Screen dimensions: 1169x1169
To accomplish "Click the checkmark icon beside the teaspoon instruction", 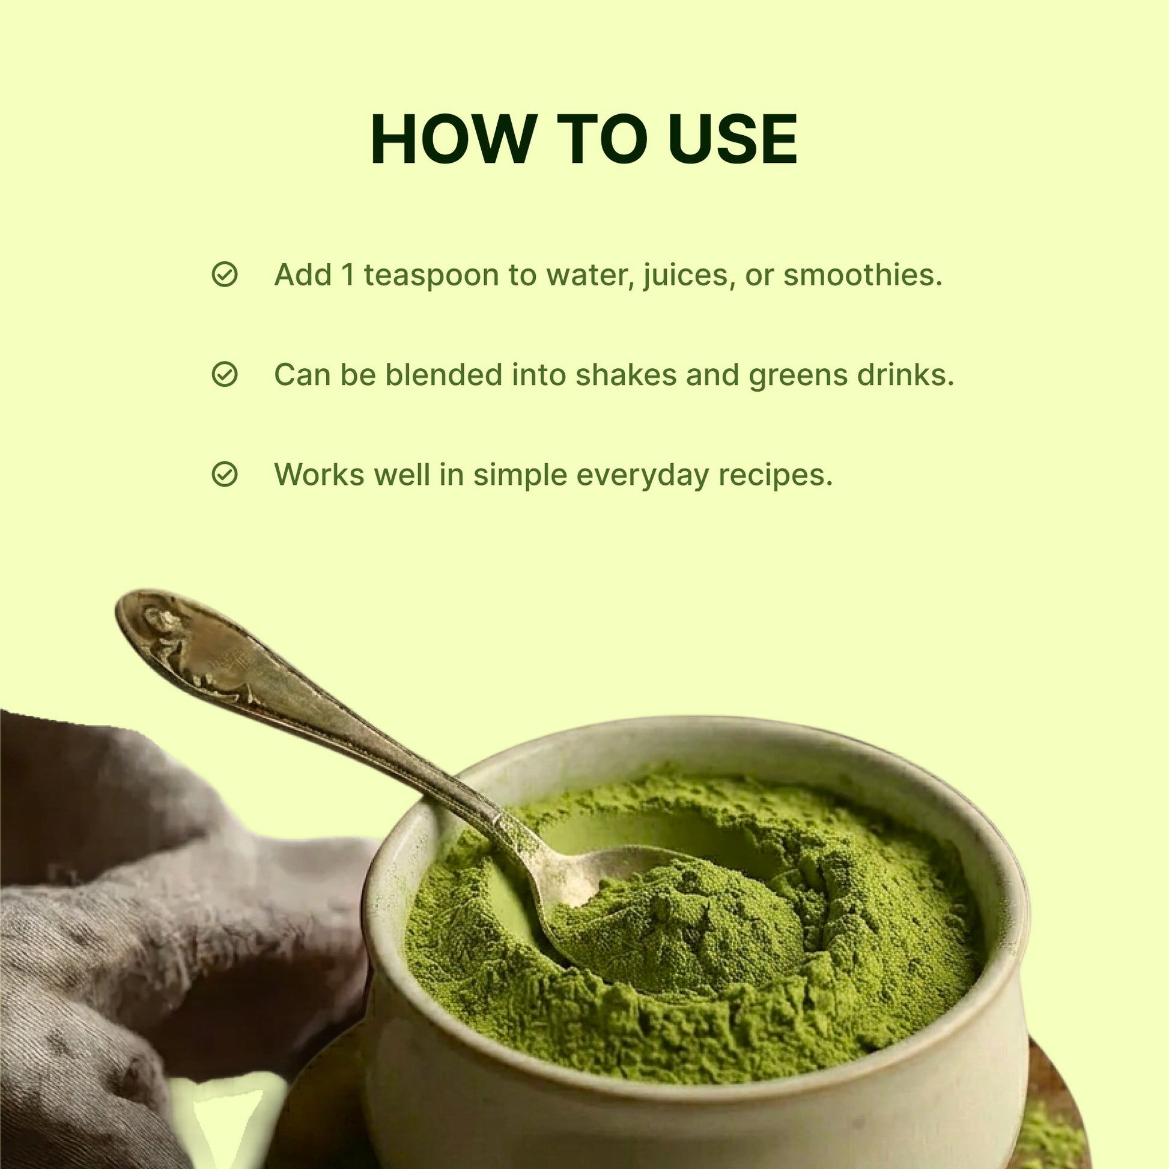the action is (x=225, y=275).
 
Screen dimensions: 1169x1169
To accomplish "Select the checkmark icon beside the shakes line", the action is (x=225, y=374).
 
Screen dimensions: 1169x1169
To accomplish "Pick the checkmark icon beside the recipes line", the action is (x=225, y=475).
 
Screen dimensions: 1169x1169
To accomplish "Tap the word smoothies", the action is (x=863, y=275).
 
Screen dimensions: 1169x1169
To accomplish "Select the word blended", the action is (x=443, y=374).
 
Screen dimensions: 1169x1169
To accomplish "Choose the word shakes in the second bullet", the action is (x=626, y=374).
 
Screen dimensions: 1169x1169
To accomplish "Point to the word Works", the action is (x=320, y=475).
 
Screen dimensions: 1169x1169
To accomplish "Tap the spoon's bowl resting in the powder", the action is (x=596, y=884).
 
